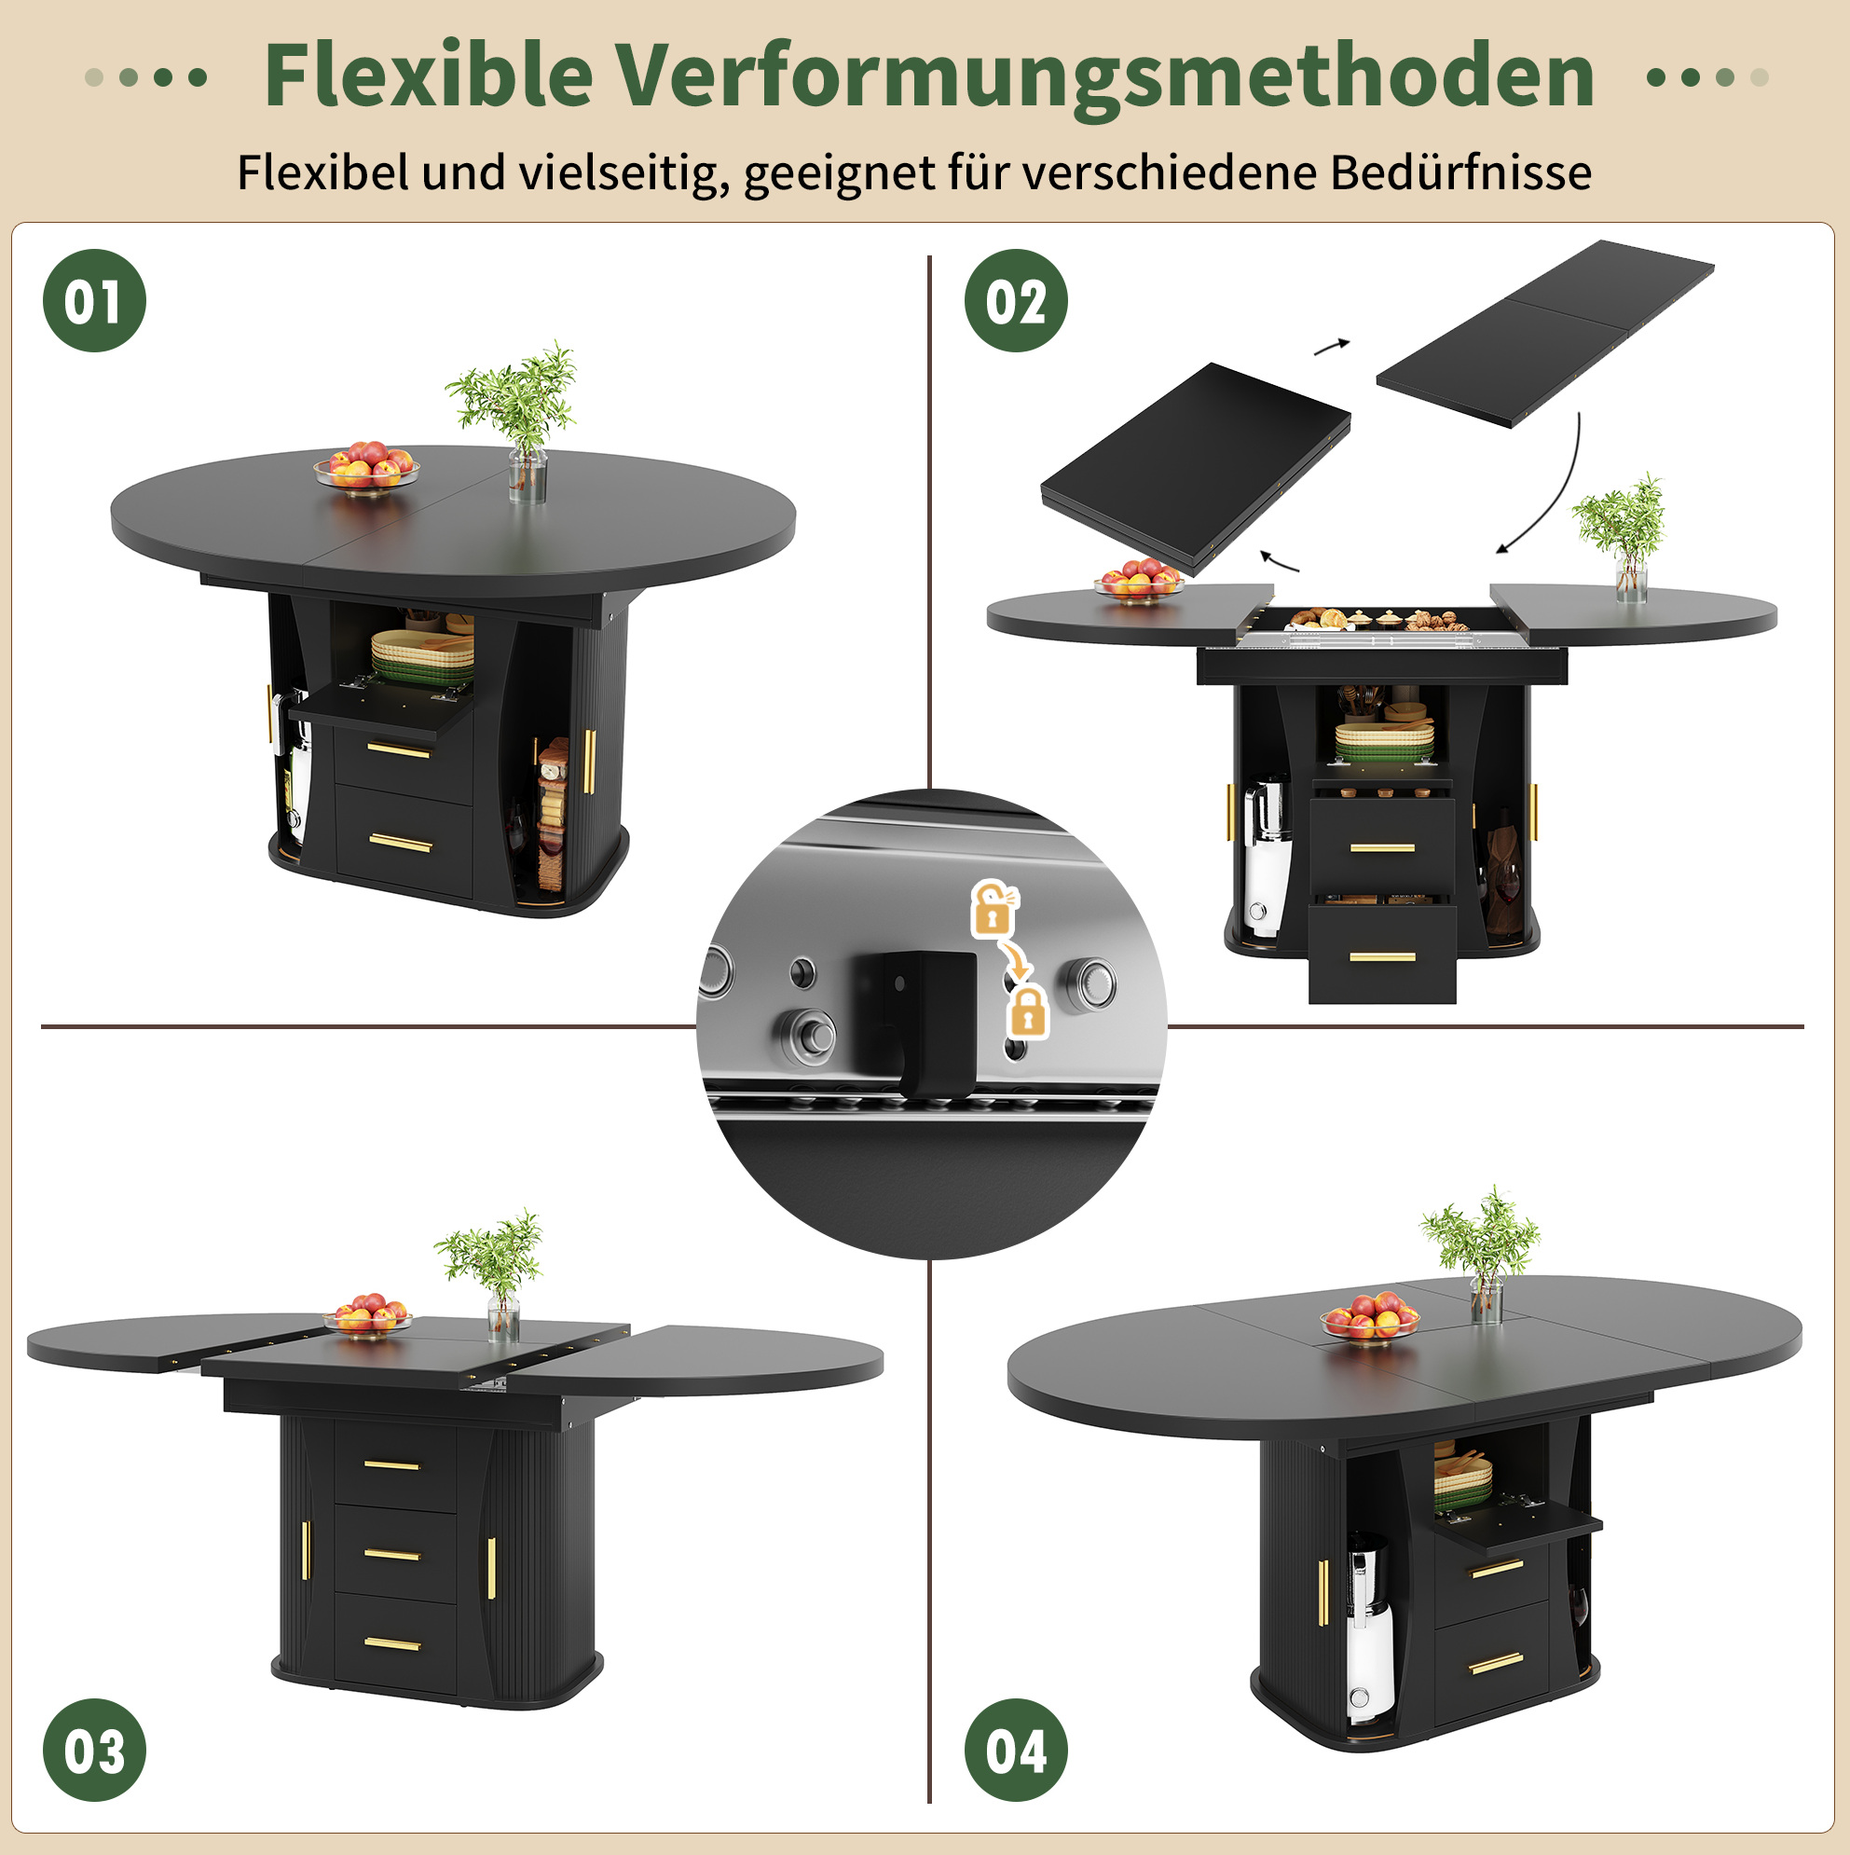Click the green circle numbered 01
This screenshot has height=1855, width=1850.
tap(94, 300)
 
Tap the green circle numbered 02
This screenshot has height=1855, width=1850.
tap(1015, 300)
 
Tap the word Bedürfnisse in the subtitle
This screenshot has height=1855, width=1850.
tap(1460, 172)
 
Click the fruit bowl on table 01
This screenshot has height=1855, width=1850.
tap(365, 468)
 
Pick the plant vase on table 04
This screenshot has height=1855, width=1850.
tap(1486, 1298)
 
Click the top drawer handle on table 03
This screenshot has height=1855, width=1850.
tap(392, 1465)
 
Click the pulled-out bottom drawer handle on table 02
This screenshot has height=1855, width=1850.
tap(1382, 956)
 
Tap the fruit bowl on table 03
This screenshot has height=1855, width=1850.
tap(369, 1314)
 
